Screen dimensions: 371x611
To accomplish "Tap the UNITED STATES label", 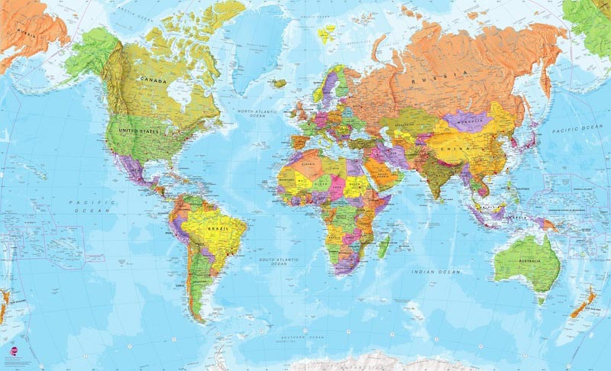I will (138, 131).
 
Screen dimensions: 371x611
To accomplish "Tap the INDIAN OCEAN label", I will (435, 272).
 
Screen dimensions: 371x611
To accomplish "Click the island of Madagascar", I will (384, 246).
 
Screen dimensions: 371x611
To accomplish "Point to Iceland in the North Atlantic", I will (280, 83).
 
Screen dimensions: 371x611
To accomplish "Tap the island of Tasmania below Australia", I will (541, 300).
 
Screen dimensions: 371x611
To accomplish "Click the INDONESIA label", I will (504, 216).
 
